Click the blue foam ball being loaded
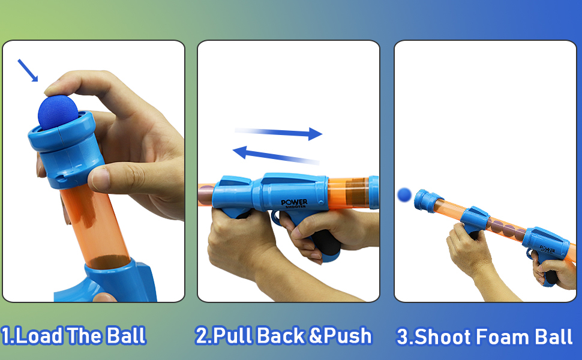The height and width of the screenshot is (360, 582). click(x=58, y=113)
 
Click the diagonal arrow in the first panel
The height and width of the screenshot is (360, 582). click(x=28, y=70)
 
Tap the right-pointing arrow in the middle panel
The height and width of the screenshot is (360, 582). click(x=278, y=133)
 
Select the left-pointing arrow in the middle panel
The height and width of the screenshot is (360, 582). click(x=276, y=155)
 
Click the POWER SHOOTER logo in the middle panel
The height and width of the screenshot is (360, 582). click(x=294, y=203)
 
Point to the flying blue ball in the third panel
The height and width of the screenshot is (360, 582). click(x=404, y=195)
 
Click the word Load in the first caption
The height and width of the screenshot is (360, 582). click(x=38, y=335)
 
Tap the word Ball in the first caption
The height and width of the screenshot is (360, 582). click(x=126, y=335)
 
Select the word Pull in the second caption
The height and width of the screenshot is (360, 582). click(x=233, y=335)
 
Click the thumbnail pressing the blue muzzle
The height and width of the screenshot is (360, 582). click(x=98, y=179)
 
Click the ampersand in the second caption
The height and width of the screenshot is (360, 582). click(x=316, y=335)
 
